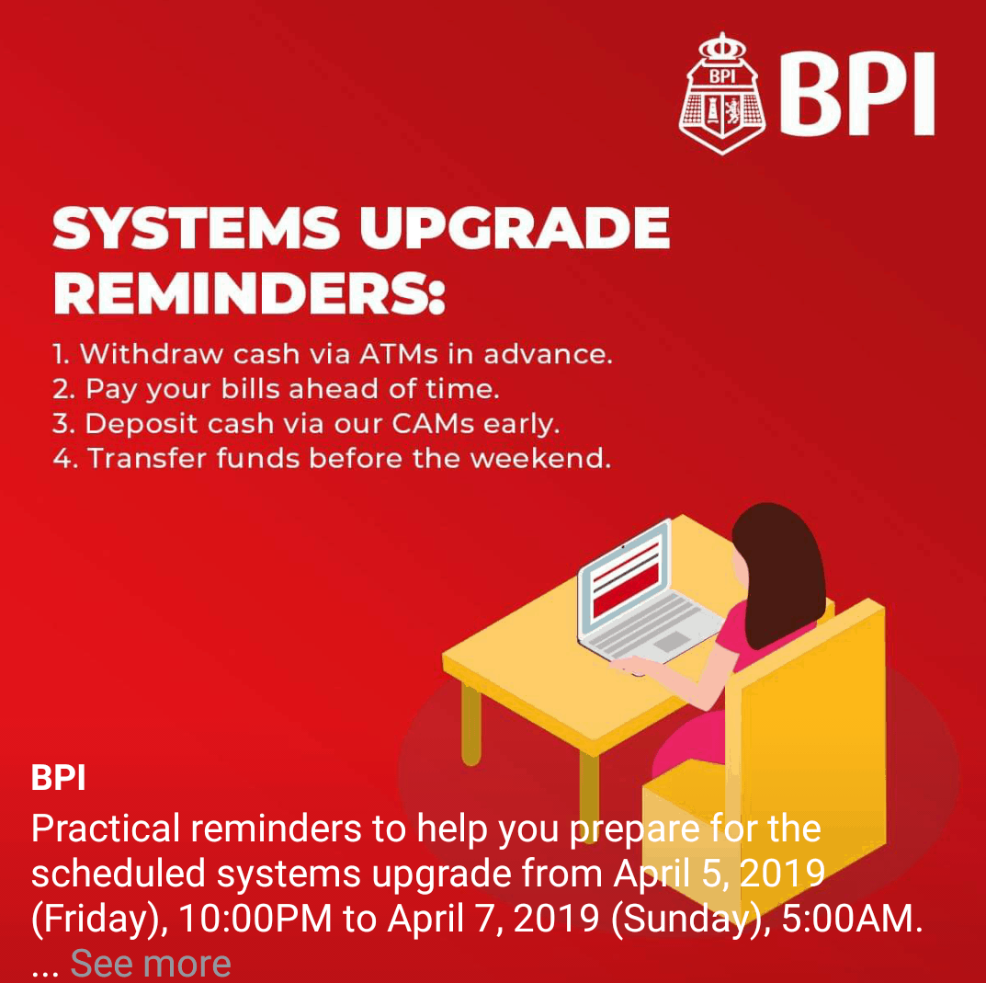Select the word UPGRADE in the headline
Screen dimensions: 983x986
point(515,229)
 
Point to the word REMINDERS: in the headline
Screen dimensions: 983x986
point(249,293)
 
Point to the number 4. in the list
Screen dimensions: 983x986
point(64,459)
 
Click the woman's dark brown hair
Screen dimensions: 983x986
point(781,570)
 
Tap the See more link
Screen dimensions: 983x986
point(151,963)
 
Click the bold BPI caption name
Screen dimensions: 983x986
point(58,778)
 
